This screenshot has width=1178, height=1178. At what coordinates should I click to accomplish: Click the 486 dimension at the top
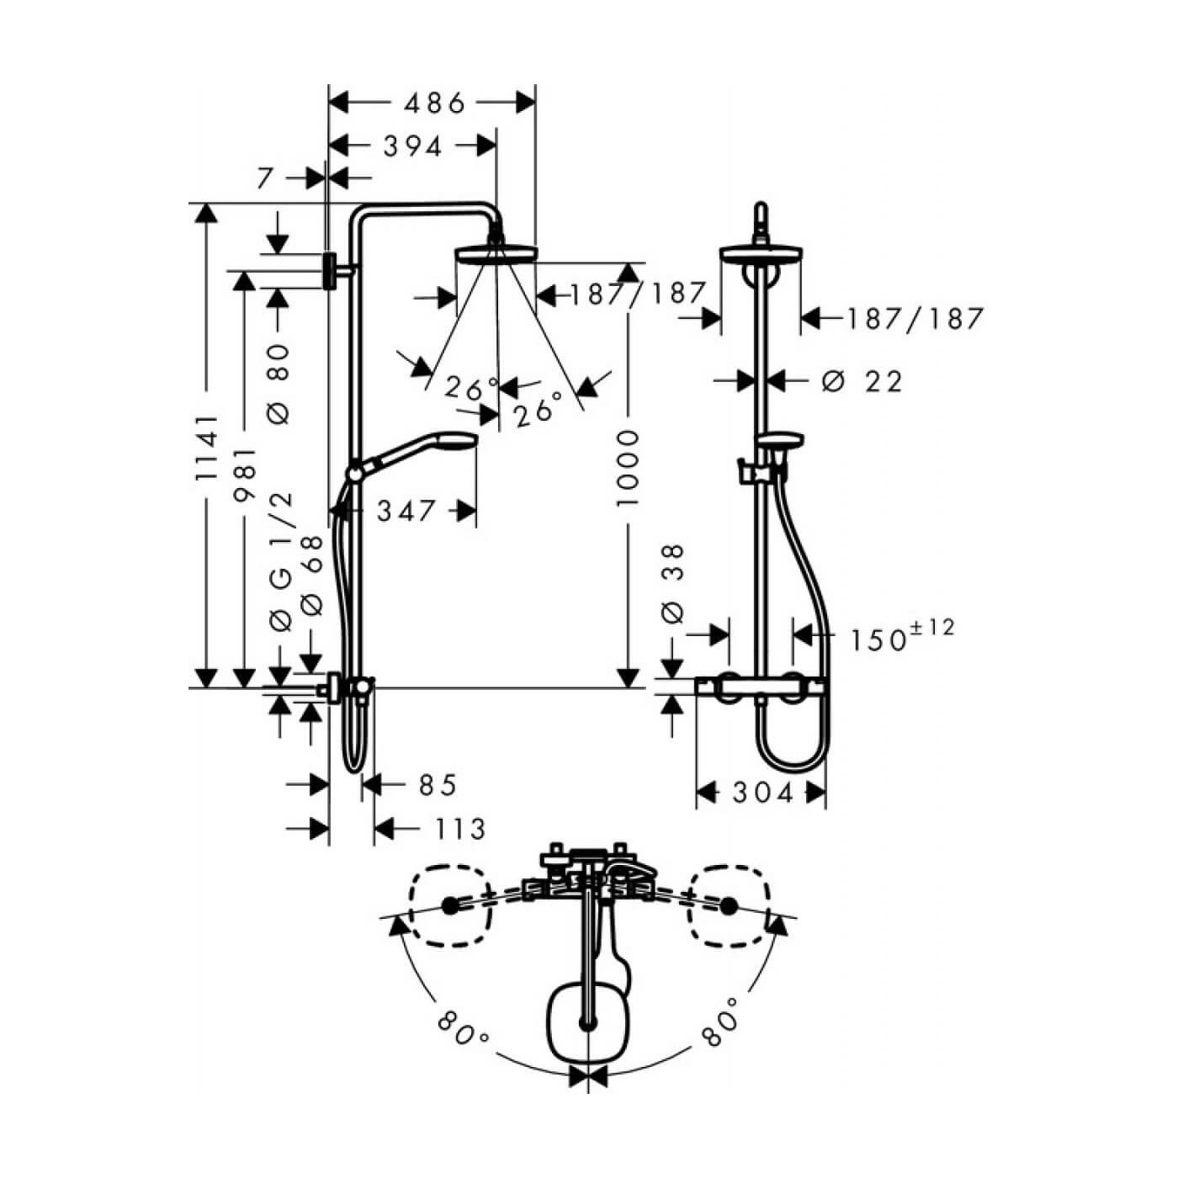[x=435, y=104]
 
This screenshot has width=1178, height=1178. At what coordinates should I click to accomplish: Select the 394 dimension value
[x=412, y=146]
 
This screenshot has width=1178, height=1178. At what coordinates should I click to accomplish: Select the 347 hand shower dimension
[x=406, y=511]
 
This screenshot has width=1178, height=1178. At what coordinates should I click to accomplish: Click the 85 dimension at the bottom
[x=438, y=785]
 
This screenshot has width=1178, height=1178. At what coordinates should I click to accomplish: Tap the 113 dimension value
[x=460, y=830]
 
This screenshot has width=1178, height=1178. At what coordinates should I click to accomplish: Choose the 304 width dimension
[x=763, y=793]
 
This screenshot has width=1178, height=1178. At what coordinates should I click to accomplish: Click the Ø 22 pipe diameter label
[x=862, y=382]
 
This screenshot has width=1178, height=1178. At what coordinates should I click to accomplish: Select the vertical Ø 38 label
[x=672, y=585]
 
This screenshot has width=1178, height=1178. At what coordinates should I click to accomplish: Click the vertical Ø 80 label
[x=279, y=384]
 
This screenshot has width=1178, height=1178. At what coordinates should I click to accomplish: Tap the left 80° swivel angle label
[x=463, y=1029]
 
